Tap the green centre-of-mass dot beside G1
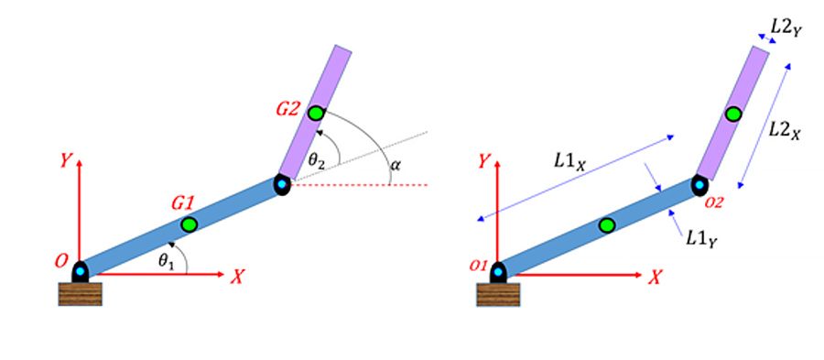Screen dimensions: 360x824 (189, 224)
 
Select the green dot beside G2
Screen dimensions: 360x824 (316, 114)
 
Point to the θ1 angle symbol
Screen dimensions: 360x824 (166, 261)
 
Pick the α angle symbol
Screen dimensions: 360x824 (396, 165)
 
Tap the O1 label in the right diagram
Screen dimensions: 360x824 (476, 266)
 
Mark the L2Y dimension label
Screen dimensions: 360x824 (785, 27)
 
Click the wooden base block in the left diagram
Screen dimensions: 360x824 (80, 293)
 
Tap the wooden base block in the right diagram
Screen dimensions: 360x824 (498, 293)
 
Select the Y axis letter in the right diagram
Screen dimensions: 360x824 (485, 162)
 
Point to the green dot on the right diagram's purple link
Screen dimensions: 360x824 (732, 115)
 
